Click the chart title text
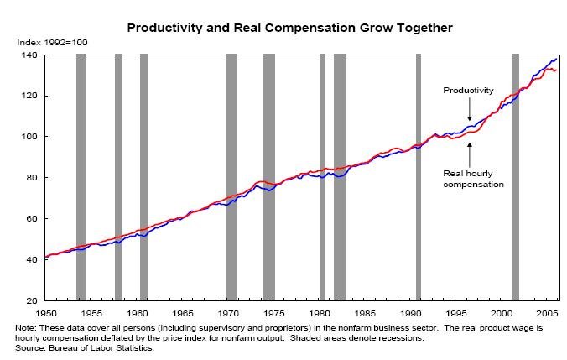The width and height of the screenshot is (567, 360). click(289, 28)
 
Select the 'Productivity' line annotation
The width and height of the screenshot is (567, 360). click(468, 91)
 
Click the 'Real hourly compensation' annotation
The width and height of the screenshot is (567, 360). click(473, 178)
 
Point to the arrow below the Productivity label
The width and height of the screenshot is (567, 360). click(470, 112)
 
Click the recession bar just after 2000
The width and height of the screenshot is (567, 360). click(515, 176)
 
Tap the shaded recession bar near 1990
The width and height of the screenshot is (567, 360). click(418, 176)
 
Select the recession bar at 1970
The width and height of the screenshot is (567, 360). click(231, 176)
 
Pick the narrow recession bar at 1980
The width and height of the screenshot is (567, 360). click(323, 176)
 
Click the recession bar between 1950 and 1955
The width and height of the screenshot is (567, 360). click(81, 176)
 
